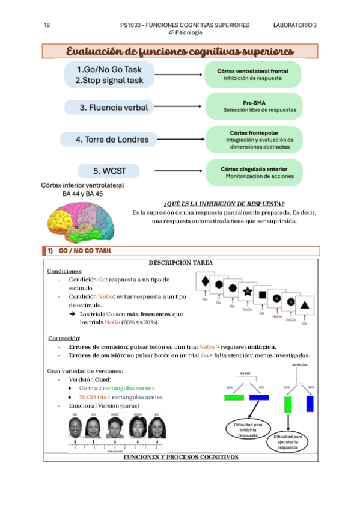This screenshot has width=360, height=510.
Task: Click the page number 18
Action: click(x=47, y=25)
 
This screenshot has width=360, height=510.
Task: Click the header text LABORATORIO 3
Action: click(x=294, y=25)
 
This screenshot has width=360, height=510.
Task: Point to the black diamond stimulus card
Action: click(x=206, y=281)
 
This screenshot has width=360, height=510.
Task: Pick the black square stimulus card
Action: click(x=261, y=295)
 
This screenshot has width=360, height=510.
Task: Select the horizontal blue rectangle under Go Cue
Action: click(x=258, y=397)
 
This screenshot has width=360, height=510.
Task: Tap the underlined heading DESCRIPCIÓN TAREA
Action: click(x=180, y=262)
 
